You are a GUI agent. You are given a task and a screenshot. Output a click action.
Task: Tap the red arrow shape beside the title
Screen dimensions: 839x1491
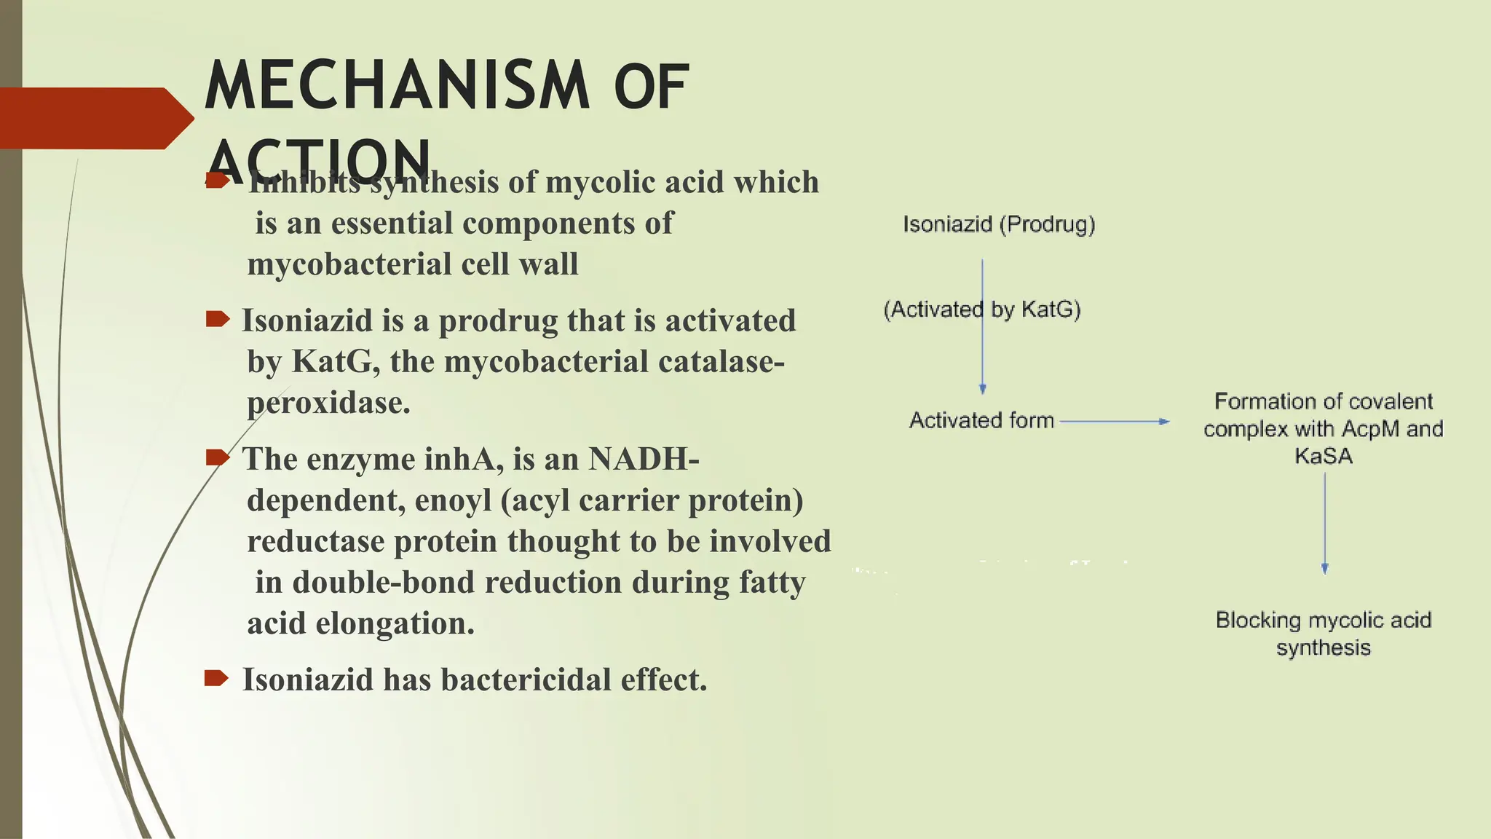pyautogui.click(x=95, y=119)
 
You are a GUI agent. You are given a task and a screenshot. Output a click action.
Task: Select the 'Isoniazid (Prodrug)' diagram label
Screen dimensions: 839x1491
pyautogui.click(x=999, y=224)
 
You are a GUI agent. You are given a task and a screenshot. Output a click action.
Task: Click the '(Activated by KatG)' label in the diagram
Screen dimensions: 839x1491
pyautogui.click(x=982, y=310)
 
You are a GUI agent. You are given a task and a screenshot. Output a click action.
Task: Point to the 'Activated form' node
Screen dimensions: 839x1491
pyautogui.click(x=981, y=420)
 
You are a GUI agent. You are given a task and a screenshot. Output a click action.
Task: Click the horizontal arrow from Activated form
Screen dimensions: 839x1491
pyautogui.click(x=1114, y=421)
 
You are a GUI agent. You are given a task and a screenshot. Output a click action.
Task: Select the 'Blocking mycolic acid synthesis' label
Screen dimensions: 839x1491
pyautogui.click(x=1324, y=634)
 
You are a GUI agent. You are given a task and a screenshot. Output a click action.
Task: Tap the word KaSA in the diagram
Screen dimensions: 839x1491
pyautogui.click(x=1324, y=456)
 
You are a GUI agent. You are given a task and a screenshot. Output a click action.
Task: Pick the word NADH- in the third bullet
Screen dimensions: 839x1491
pyautogui.click(x=644, y=459)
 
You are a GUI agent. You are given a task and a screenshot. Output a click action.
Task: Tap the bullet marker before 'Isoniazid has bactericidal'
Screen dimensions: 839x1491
pyautogui.click(x=216, y=679)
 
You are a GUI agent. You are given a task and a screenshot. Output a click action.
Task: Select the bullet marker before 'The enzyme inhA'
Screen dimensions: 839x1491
pyautogui.click(x=217, y=457)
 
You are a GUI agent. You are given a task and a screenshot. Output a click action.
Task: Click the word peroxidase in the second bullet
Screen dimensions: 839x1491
pyautogui.click(x=328, y=403)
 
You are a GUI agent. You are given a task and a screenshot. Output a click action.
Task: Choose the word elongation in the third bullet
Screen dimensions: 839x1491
pyautogui.click(x=395, y=623)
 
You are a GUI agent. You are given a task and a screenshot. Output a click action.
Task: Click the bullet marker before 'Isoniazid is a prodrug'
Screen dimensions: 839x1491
pyautogui.click(x=217, y=319)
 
